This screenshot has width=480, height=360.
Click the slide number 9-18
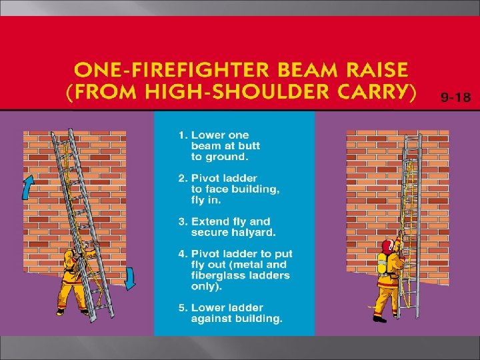tap(455, 97)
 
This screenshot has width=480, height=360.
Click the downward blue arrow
tap(130, 279)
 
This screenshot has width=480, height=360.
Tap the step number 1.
tap(182, 135)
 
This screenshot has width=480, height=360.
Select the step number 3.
tap(183, 221)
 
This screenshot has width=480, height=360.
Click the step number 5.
tap(183, 307)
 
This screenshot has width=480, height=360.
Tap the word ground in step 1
tap(226, 157)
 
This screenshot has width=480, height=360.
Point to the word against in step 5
tap(211, 319)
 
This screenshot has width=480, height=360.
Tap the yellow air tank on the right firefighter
tap(382, 263)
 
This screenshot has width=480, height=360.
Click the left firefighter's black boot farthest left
tap(60, 312)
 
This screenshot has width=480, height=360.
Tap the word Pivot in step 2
tap(205, 178)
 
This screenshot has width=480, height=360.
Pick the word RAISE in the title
tap(377, 69)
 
